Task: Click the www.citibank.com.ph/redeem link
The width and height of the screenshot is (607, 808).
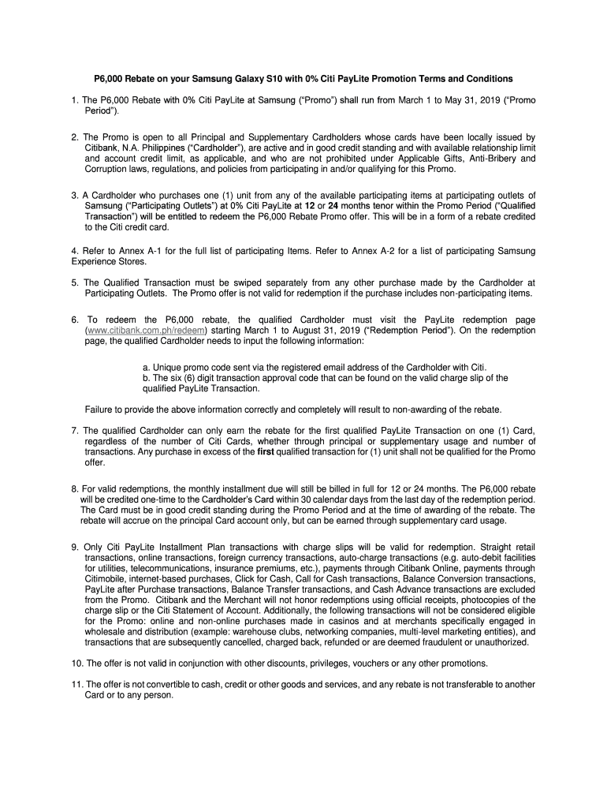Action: pos(145,331)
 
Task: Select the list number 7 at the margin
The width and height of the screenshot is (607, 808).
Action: pos(73,430)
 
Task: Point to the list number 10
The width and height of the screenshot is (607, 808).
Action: pos(76,662)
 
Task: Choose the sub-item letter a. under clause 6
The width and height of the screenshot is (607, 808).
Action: pos(146,368)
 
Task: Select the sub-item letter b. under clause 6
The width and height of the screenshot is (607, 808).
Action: pos(146,378)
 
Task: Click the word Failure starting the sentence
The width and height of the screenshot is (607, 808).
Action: pos(100,409)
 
